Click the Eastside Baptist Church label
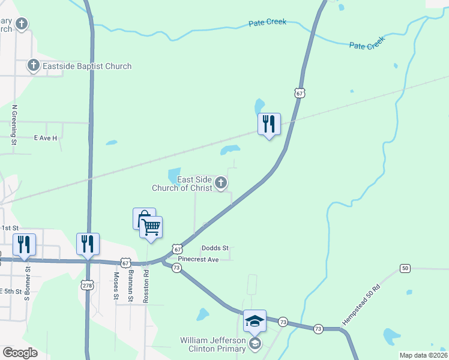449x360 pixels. coord(87,66)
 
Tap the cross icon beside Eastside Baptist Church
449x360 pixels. coord(33,65)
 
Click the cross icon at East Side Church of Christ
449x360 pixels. coord(221,183)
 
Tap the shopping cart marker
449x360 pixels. coord(151,227)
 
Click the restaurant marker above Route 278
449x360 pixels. coord(88,244)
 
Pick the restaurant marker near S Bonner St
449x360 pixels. coord(25,244)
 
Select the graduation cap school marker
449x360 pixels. coord(255,321)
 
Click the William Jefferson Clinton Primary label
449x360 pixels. coord(213,344)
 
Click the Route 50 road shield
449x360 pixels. coord(406,268)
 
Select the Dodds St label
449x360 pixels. coord(215,248)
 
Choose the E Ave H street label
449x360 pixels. coord(45,138)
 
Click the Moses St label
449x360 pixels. coord(116,286)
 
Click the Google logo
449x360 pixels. coord(20,353)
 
